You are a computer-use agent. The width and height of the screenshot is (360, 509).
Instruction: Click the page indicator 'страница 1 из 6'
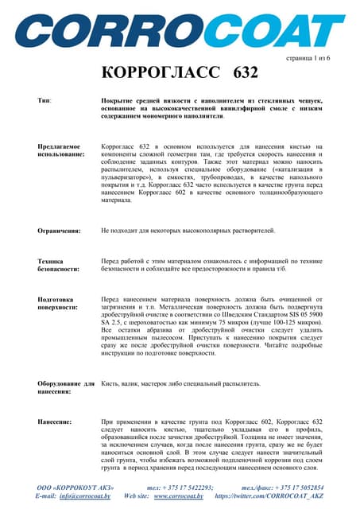pyautogui.click(x=307, y=59)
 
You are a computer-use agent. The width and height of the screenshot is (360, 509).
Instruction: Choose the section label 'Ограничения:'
pyautogui.click(x=60, y=231)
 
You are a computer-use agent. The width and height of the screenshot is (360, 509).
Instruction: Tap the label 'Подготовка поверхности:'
pyautogui.click(x=58, y=302)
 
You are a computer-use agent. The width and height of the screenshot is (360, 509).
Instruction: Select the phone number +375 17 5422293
pyautogui.click(x=188, y=487)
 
